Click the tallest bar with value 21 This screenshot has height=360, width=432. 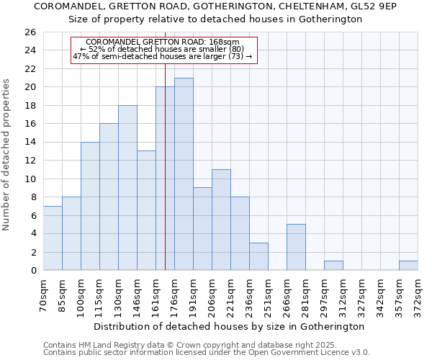pos(184,174)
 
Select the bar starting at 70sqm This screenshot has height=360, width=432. pos(53,238)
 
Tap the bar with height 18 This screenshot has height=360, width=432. pos(127,187)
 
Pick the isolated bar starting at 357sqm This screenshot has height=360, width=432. pos(408,266)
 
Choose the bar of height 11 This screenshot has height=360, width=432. pos(221,220)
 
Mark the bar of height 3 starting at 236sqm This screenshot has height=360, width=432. pos(258,256)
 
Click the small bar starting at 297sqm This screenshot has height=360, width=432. pos(333,266)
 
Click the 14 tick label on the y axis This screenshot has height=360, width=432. pos(30,143)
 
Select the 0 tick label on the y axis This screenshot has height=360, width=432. pos(32,271)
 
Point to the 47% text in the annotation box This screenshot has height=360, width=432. pos(81,56)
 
